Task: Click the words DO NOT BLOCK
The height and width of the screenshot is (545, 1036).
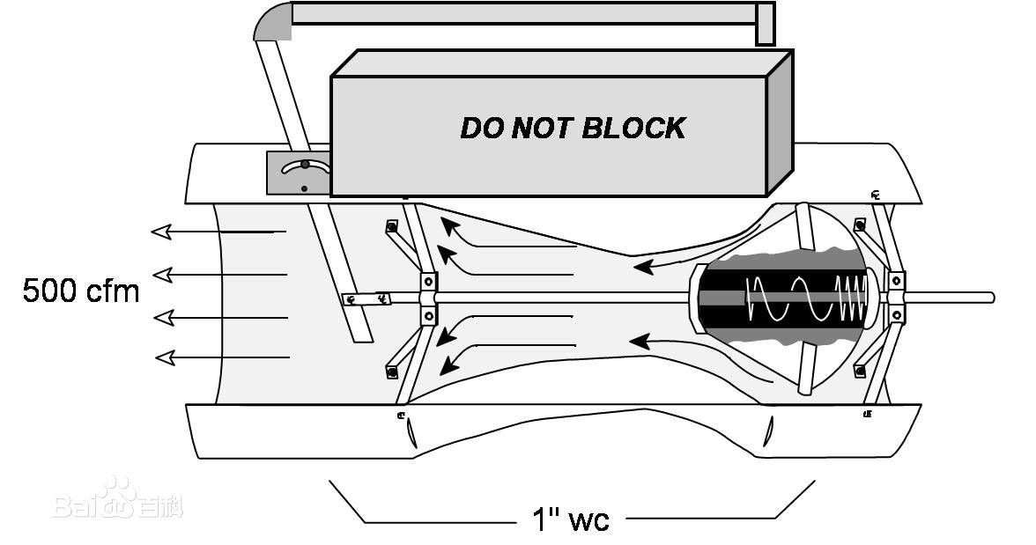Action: coord(572,129)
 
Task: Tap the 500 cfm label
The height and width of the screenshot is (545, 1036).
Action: coord(81,291)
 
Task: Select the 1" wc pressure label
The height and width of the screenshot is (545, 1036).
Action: coord(570,519)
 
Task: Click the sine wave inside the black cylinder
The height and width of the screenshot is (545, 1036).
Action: coord(789,298)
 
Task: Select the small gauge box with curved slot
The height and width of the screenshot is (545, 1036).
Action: coord(299,172)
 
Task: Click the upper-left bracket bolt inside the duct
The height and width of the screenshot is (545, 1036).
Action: coord(391,227)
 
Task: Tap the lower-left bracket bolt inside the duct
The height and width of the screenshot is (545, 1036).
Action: coord(391,372)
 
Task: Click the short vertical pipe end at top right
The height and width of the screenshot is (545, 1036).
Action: coord(765,25)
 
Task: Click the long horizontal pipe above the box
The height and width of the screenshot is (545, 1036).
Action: coord(523,13)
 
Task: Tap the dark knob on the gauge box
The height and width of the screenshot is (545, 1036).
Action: coord(305,164)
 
